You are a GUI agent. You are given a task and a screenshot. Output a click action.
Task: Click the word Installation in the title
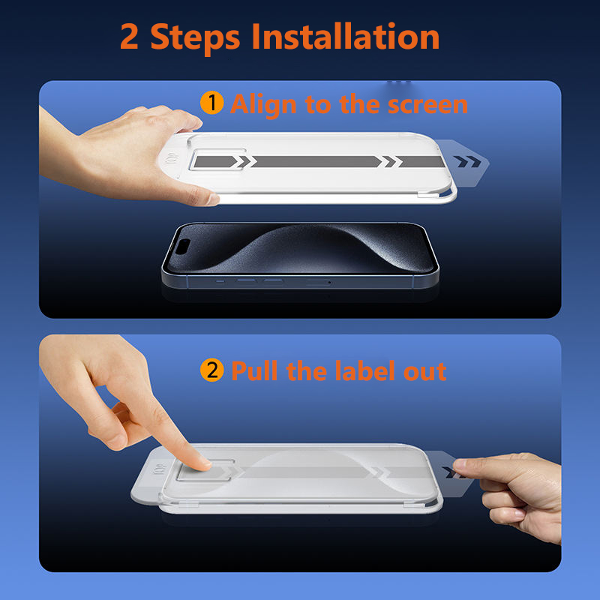(x=346, y=36)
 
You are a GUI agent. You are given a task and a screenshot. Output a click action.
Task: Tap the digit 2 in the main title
(x=129, y=37)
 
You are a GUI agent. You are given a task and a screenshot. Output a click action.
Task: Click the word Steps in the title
(x=195, y=39)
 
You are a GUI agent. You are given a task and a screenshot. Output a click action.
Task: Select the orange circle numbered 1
(x=212, y=103)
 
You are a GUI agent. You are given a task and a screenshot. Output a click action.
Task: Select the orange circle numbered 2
(x=212, y=370)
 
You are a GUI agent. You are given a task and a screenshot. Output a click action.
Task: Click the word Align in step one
(x=264, y=105)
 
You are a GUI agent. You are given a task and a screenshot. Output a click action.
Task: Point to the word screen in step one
(x=427, y=105)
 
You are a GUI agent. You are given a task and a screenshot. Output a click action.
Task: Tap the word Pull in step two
(x=254, y=370)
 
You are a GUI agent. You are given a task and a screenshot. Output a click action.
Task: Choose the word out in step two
(x=424, y=372)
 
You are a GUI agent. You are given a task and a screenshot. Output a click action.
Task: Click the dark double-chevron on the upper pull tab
(x=467, y=161)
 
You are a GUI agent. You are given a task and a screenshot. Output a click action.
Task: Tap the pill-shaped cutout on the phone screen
(x=183, y=247)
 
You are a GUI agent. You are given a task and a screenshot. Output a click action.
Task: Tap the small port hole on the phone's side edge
(x=329, y=283)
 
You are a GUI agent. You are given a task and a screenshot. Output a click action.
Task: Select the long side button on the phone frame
(x=318, y=283)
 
